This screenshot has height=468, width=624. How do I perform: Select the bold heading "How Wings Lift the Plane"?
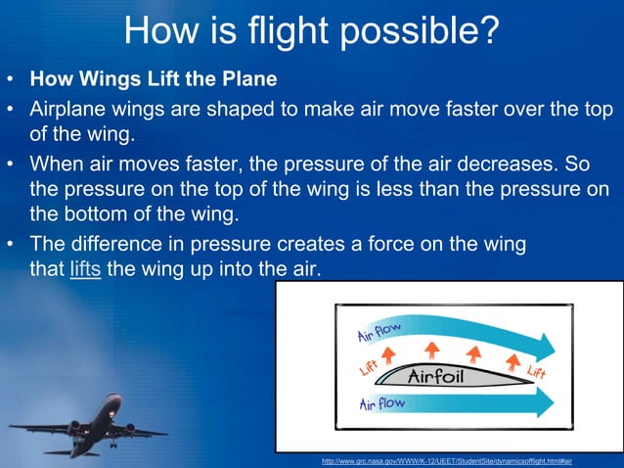pos(154,77)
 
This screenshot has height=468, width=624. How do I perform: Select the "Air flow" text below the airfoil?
pos(383,404)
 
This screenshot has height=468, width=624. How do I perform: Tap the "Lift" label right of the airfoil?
pos(536,371)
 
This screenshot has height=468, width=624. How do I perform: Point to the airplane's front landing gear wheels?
pos(113,444)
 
